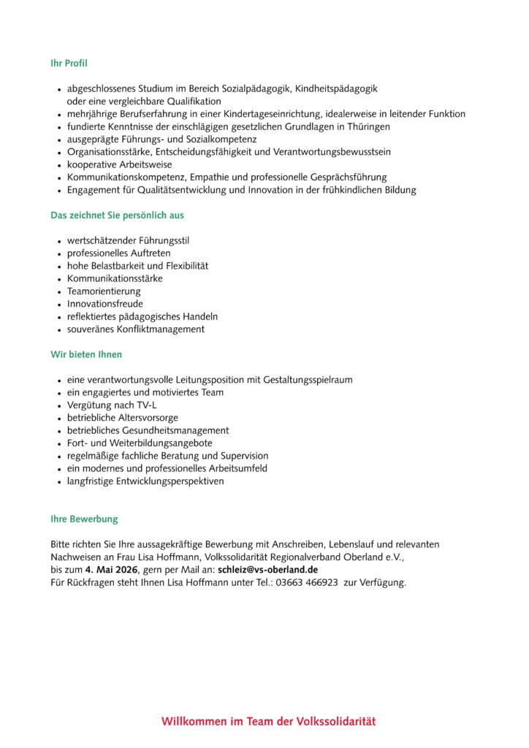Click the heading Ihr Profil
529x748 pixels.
tap(69, 64)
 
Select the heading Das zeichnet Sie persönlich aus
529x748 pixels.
tap(117, 215)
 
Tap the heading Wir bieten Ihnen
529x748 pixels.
tap(86, 354)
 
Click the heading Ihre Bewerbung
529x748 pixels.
tap(84, 519)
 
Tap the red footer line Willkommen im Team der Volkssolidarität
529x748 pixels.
tap(269, 722)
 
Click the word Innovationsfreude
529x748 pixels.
tap(105, 304)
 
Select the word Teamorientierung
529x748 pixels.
tap(104, 291)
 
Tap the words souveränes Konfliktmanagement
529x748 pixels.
tap(136, 329)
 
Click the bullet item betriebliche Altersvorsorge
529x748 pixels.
tap(123, 418)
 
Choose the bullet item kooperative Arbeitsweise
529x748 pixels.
tap(120, 164)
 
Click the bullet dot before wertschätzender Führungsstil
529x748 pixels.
tap(59, 240)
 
